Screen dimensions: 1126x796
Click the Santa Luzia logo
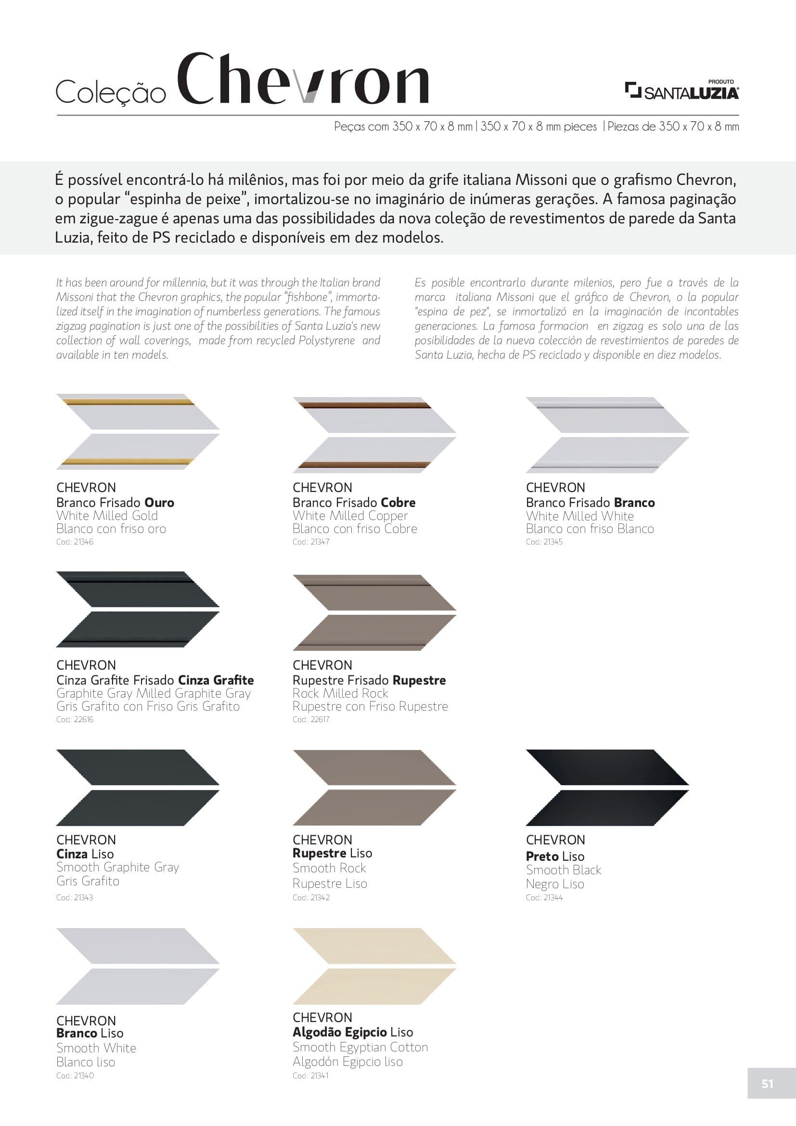coord(682,91)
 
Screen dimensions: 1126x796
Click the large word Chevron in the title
coord(302,79)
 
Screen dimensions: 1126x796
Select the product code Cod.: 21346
coord(75,542)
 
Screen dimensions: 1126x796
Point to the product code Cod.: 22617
coord(311,719)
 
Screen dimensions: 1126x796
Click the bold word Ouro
coord(159,503)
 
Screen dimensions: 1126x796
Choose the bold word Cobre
coord(398,503)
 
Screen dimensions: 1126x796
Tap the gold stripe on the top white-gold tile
coord(128,402)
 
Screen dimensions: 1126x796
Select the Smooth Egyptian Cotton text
coord(360,1047)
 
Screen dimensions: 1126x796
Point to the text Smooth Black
coord(563,870)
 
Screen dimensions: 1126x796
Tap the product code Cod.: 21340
coord(75,1075)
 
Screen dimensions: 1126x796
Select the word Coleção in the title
coord(111,92)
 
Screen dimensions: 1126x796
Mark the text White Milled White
coord(579,516)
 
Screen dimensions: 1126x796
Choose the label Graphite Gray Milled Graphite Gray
coord(154,693)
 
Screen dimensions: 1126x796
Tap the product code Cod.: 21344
coord(544,897)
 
